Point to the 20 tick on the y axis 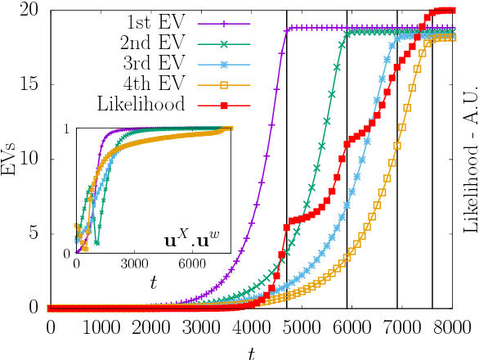28,11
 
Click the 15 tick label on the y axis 28,85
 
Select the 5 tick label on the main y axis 33,233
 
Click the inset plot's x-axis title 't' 154,281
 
